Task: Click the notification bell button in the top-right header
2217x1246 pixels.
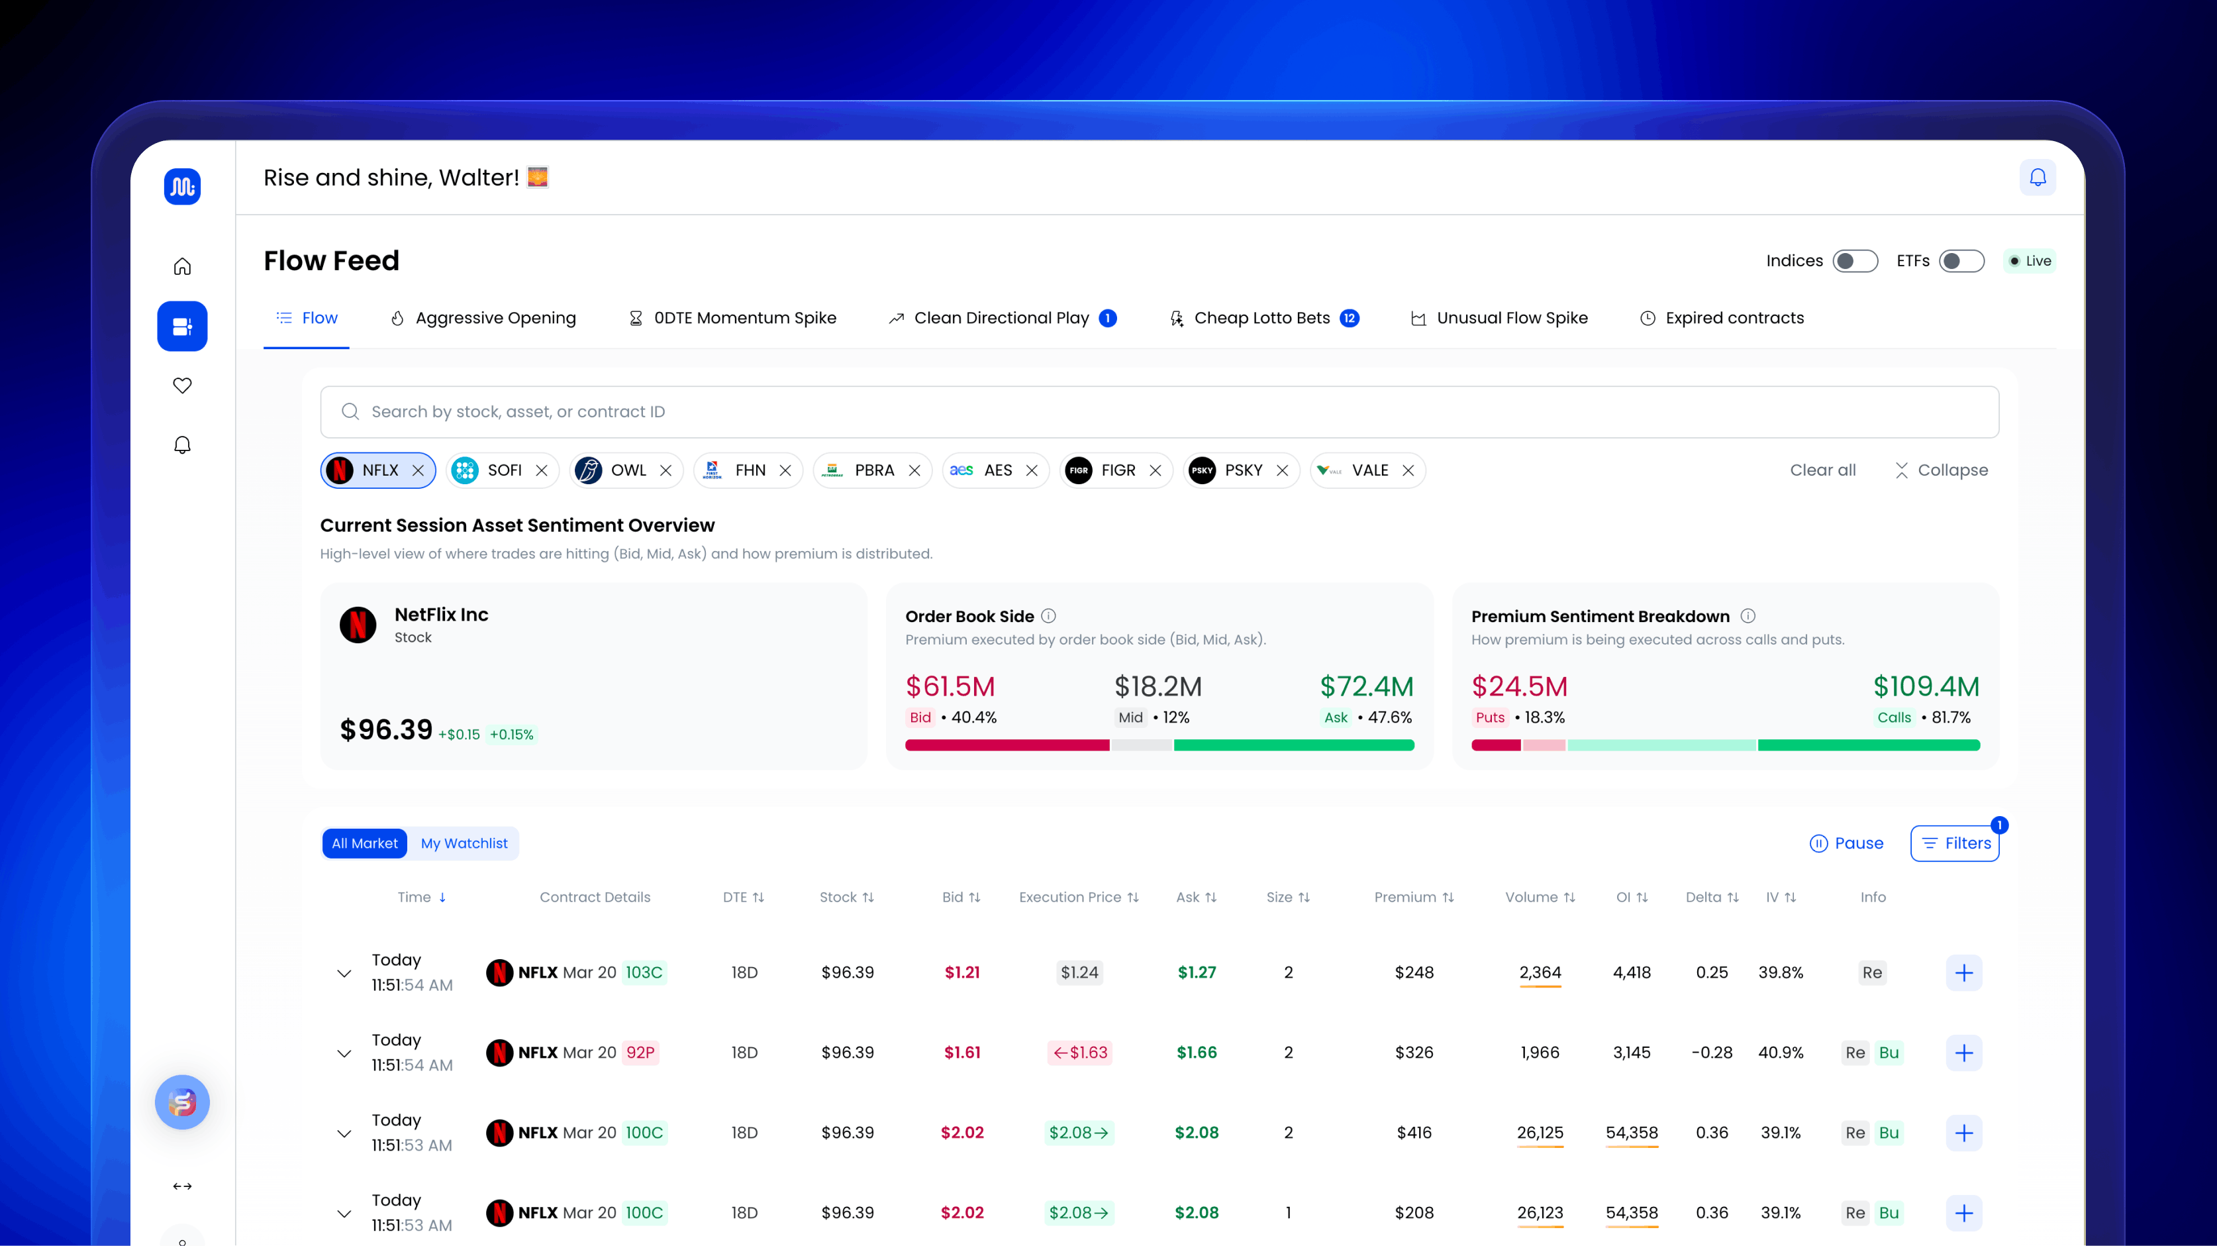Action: coord(2037,178)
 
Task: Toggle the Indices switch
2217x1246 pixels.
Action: coord(1855,261)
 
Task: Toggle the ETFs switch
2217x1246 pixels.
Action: coord(1961,261)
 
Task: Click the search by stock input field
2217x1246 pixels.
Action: coord(1158,411)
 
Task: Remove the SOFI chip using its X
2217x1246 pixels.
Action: coord(542,470)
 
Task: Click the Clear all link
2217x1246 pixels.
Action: coord(1822,470)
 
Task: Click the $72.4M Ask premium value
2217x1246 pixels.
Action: coord(1366,686)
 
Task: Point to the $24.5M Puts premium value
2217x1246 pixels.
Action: coord(1519,686)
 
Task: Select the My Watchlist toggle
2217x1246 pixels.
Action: coord(464,843)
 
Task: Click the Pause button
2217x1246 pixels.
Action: coord(1846,843)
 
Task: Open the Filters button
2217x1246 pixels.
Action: coord(1955,843)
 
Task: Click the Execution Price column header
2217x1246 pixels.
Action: coord(1077,898)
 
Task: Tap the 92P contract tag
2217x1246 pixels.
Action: coord(640,1053)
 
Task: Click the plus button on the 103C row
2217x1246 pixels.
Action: coord(1963,972)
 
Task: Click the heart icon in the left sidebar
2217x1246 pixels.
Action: coord(183,385)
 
